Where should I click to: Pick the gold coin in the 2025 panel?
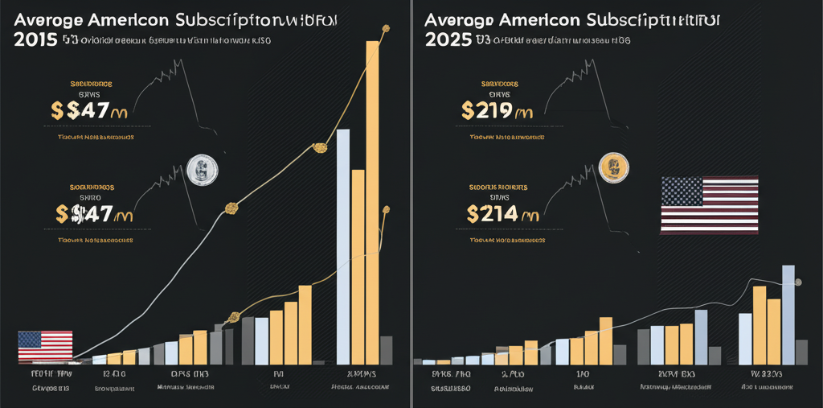pos(612,167)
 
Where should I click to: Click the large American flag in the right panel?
pos(709,205)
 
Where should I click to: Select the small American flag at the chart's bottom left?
pos(45,346)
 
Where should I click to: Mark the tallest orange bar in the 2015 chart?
pos(373,201)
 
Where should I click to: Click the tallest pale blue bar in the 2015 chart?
pos(343,246)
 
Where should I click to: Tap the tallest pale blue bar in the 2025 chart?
pos(788,315)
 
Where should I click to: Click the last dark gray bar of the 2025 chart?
pos(801,352)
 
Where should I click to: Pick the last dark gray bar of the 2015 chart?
pos(386,350)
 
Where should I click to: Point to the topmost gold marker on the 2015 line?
pos(386,30)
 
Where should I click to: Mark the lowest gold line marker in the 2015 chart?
pos(234,316)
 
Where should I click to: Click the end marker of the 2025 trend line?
pos(798,282)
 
